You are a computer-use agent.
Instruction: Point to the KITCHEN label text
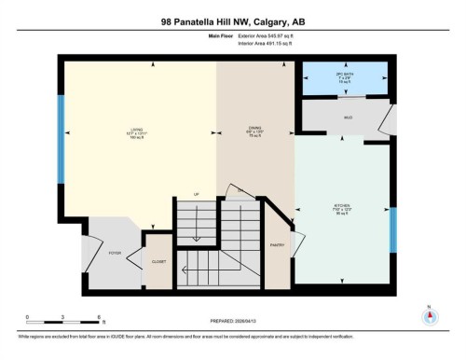342,206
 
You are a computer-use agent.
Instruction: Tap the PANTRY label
277,244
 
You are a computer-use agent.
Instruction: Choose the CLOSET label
159,262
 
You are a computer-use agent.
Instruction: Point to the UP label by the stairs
197,194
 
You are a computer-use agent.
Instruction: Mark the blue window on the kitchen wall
392,228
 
